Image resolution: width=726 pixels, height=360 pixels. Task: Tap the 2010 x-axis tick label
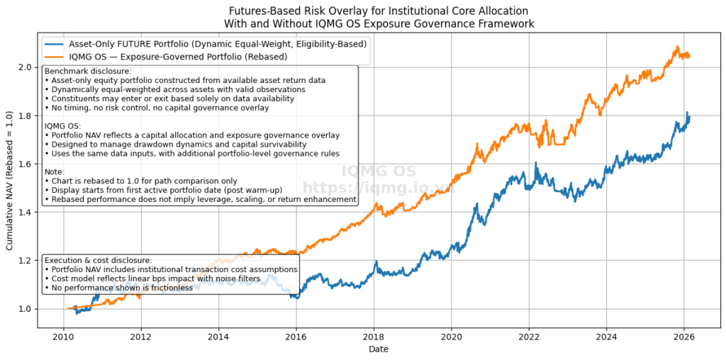click(64, 336)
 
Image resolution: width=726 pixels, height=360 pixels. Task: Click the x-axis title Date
click(379, 349)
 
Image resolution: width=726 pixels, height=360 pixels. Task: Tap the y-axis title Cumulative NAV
click(10, 181)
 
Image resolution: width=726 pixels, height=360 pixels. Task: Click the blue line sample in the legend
click(55, 43)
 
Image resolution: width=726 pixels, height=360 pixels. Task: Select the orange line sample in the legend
click(55, 55)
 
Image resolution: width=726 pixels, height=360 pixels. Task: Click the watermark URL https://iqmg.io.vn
click(378, 187)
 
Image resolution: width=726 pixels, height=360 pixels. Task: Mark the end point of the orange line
click(689, 56)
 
